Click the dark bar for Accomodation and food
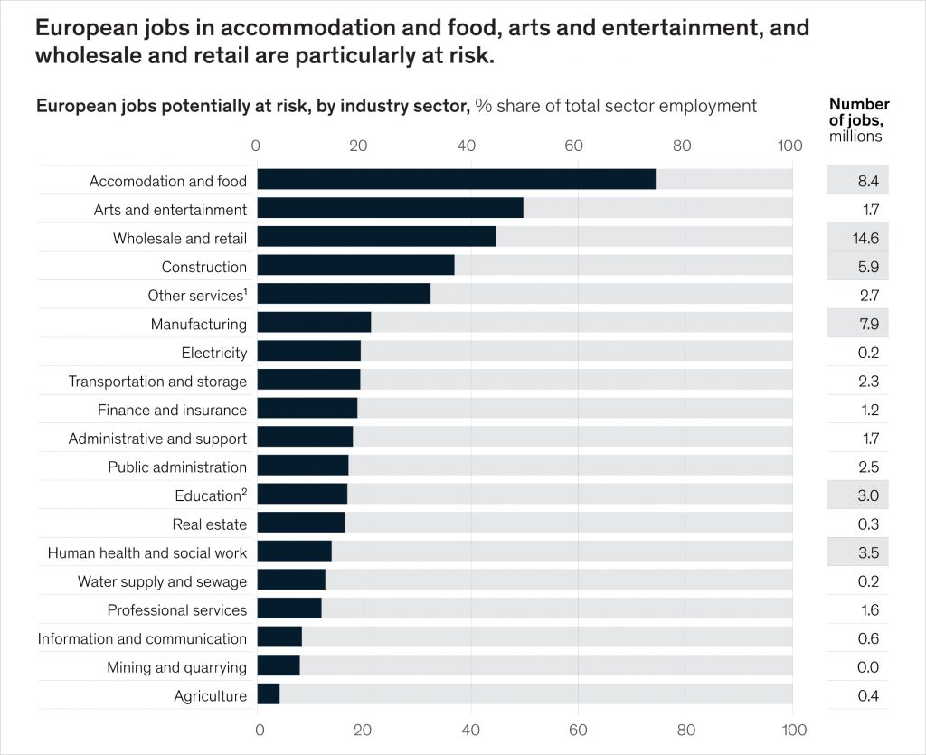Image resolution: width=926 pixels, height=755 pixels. tap(456, 179)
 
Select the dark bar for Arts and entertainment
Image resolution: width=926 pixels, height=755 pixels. tap(390, 208)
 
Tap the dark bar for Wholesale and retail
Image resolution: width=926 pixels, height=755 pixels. tap(376, 237)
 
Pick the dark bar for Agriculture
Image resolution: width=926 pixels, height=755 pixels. tap(269, 694)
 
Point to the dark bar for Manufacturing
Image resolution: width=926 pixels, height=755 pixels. tap(314, 323)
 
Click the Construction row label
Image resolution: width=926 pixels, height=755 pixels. tap(203, 267)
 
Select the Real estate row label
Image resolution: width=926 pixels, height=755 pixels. tap(209, 524)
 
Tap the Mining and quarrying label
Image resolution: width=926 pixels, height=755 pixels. tap(176, 667)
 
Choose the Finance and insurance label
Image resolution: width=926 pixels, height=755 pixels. tap(172, 410)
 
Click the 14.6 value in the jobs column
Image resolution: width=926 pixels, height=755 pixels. tap(867, 238)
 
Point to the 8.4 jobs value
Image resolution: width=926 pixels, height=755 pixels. tap(868, 181)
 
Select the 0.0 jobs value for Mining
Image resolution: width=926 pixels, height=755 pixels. tap(868, 667)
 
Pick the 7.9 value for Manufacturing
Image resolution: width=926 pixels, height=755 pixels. tap(868, 324)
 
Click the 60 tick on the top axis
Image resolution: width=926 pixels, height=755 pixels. tap(572, 145)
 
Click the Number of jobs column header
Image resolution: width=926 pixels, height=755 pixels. tap(859, 119)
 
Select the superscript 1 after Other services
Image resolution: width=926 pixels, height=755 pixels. tap(245, 291)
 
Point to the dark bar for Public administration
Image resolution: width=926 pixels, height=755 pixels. tap(302, 466)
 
